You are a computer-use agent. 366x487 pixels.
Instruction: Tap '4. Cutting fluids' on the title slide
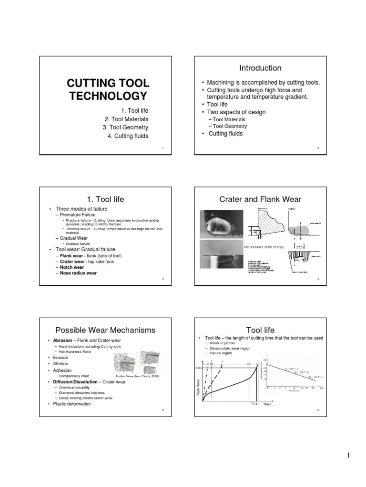(x=128, y=136)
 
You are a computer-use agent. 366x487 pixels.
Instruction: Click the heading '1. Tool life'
(x=103, y=199)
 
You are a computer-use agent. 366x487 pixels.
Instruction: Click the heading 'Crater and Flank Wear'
(x=260, y=199)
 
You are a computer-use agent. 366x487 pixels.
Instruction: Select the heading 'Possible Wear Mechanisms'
(x=105, y=330)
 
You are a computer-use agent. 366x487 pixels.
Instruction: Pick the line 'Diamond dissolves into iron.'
(x=86, y=393)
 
